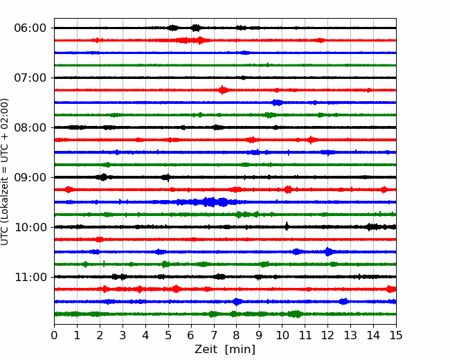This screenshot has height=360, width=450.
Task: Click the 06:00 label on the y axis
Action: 30,28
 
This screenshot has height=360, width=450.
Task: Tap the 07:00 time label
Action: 30,78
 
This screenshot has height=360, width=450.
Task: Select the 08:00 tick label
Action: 30,127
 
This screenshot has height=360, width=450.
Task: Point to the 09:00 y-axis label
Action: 30,177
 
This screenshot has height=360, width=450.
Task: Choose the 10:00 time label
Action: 30,227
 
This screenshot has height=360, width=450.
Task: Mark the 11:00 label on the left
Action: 30,277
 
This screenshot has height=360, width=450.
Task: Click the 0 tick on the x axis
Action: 54,335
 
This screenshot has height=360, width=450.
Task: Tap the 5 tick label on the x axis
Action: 168,335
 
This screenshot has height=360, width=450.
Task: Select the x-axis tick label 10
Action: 282,335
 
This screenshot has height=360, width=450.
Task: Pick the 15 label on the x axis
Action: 396,335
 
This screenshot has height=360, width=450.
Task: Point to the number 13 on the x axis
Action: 350,335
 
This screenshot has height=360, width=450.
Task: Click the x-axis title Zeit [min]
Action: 225,350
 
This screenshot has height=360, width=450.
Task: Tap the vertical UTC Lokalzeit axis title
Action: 5,172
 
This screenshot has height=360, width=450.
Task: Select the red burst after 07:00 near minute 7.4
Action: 223,90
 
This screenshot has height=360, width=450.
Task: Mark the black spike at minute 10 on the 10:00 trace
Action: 287,226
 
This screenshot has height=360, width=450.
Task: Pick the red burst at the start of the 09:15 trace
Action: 69,190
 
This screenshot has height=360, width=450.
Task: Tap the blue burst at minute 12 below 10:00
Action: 328,252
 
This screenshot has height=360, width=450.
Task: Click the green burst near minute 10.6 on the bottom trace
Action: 296,314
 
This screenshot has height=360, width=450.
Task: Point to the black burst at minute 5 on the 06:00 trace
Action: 173,28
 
